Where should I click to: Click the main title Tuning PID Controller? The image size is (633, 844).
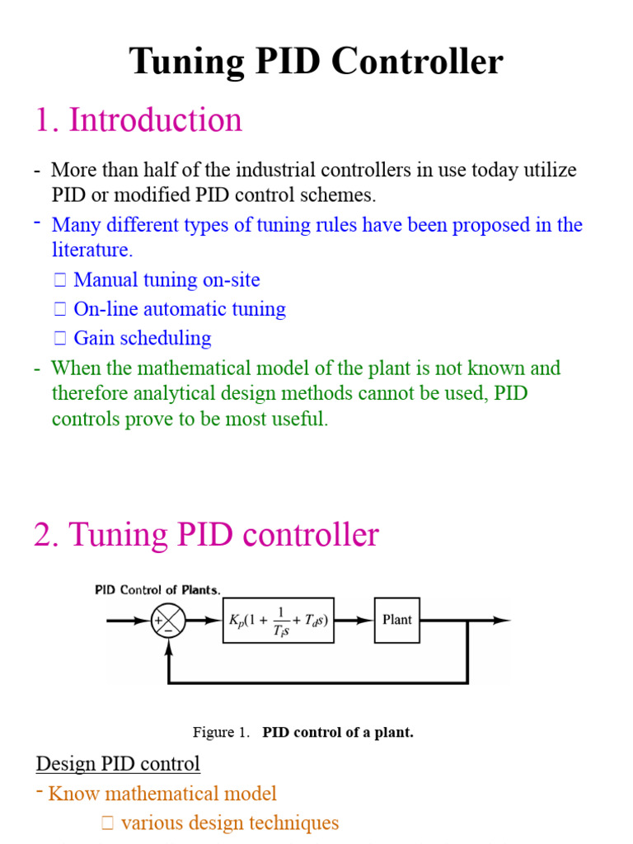316,62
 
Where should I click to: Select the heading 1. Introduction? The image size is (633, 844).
138,120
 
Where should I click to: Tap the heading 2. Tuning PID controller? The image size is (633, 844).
206,535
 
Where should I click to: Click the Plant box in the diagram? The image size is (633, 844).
397,620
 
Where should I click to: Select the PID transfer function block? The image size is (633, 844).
279,620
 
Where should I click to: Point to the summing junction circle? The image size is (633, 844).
168,621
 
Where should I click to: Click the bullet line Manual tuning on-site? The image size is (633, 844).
166,279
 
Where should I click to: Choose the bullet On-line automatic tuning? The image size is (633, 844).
179,309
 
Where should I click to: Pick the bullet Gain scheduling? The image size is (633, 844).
142,338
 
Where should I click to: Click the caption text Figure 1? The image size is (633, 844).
220,732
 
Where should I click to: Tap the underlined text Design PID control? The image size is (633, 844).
118,763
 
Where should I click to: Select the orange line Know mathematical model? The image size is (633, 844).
162,794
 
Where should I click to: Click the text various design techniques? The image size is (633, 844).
229,823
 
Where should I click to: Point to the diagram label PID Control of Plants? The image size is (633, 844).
157,589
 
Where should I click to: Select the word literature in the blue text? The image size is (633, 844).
90,250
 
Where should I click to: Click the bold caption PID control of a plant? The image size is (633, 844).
338,732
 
